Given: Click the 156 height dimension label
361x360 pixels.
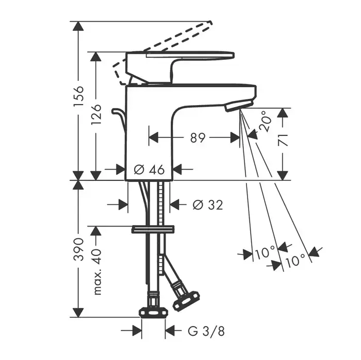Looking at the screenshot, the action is tap(78, 96).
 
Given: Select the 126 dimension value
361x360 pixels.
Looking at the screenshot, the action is tap(96, 114).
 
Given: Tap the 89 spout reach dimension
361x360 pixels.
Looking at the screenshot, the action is tap(198, 138).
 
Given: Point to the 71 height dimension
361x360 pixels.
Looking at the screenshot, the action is tap(283, 140).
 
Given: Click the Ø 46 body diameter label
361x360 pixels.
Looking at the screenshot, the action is tap(149, 169).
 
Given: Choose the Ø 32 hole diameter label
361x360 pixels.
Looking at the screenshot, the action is tap(208, 204).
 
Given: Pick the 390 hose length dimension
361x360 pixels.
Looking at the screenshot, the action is tap(78, 249).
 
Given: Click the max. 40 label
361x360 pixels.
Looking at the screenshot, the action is tap(97, 272).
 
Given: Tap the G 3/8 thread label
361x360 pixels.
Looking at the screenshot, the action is tap(206, 331).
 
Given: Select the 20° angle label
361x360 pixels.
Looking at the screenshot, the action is tap(266, 121).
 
